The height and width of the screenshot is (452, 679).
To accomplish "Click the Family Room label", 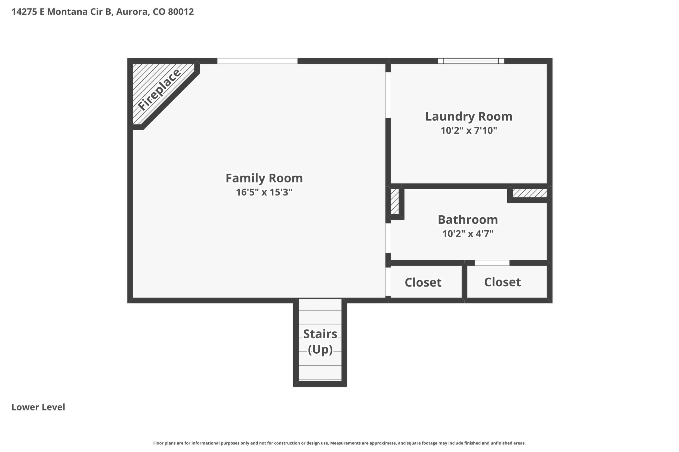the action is (264, 178).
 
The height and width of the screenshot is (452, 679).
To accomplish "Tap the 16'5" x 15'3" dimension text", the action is (264, 192).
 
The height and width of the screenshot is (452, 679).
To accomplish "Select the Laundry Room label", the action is (469, 117).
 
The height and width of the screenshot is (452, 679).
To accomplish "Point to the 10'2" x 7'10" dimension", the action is (469, 131).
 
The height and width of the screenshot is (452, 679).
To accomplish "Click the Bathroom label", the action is (468, 220).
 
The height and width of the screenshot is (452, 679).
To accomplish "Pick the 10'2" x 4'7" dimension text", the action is (468, 234).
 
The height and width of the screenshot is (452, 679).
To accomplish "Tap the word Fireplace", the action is (159, 90).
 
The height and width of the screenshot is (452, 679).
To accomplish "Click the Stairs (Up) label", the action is (320, 342).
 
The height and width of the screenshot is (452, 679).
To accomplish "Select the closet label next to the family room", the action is (423, 282).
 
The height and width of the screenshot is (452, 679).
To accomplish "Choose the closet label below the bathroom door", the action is (503, 282).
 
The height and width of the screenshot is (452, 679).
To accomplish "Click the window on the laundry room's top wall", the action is (471, 61).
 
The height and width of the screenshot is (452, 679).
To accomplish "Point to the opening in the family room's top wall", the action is (257, 61).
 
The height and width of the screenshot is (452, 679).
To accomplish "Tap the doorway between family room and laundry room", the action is (388, 95).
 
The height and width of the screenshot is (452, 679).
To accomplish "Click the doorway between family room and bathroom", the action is (388, 238).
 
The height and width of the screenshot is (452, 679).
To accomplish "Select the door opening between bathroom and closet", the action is (492, 263).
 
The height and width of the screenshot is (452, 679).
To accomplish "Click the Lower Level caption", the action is (38, 407).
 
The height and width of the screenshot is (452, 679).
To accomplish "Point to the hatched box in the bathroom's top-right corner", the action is (530, 193).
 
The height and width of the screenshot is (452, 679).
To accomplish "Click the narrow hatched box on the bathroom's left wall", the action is (395, 202).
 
